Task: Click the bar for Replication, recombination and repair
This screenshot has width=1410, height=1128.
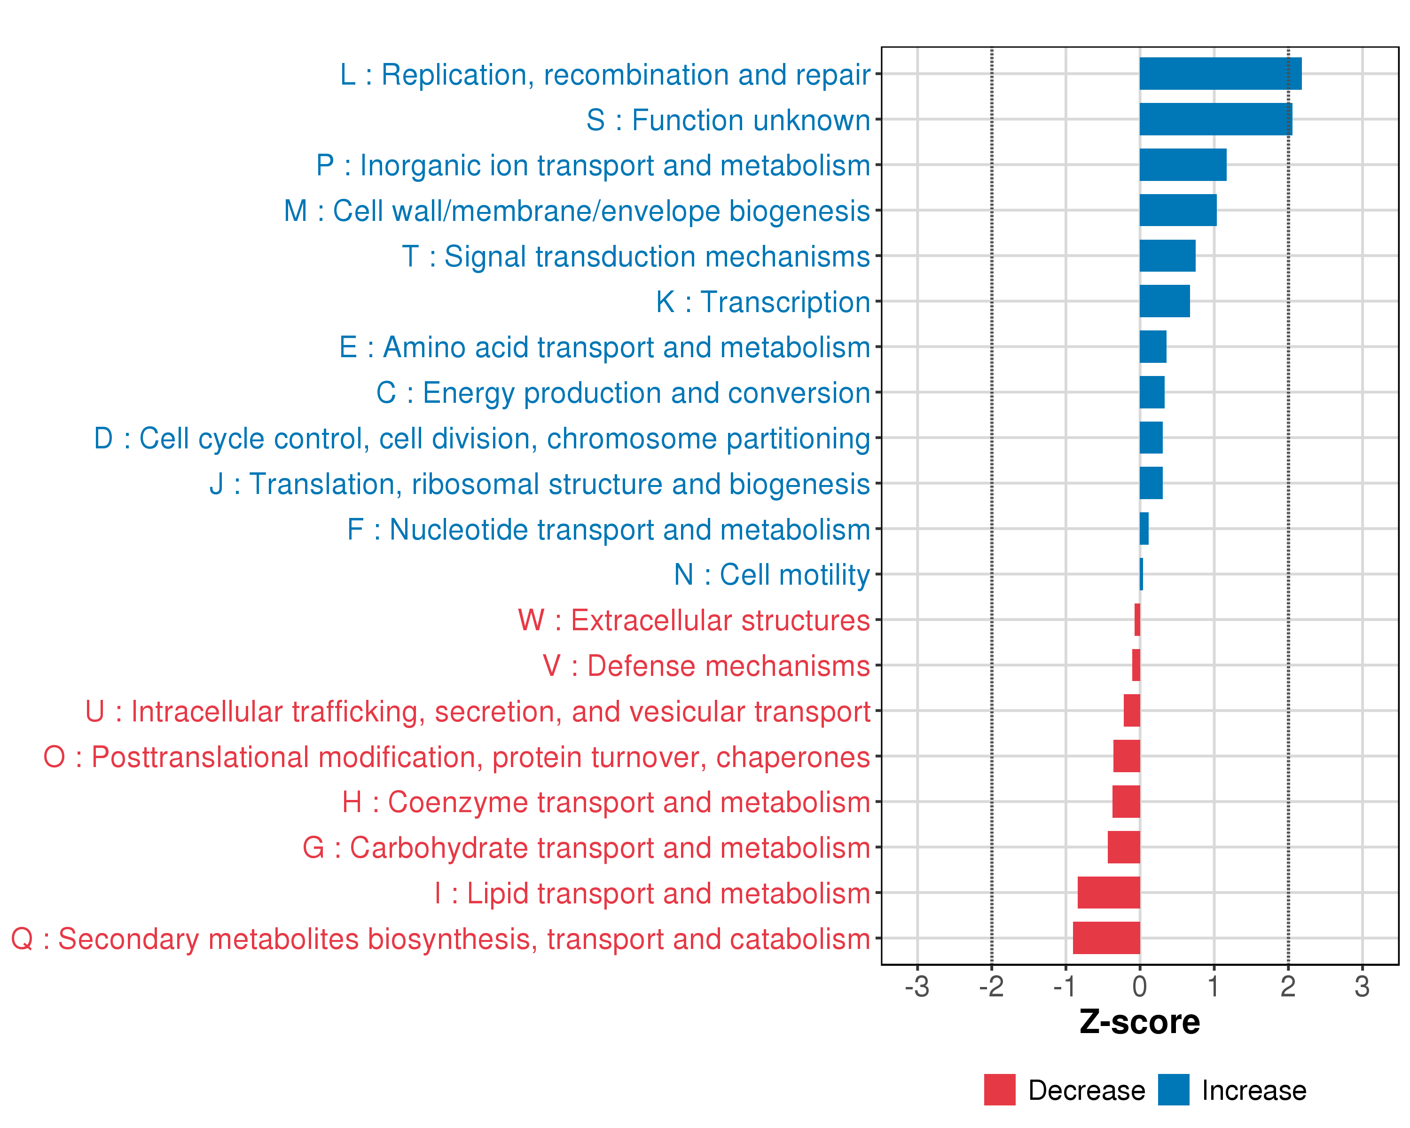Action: (x=1220, y=73)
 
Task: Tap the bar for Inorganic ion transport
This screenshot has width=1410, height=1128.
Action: (x=1183, y=165)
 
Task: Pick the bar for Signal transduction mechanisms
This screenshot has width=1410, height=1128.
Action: (x=1167, y=256)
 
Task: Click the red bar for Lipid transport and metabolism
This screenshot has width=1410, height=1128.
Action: (x=1109, y=893)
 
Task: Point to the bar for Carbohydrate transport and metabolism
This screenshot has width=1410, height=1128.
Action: (x=1124, y=847)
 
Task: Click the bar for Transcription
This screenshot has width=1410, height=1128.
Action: (x=1164, y=301)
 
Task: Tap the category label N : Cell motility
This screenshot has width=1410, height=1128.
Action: (x=772, y=575)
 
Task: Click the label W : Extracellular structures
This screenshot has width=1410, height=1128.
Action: (x=693, y=620)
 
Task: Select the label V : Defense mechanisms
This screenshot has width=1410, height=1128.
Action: (x=706, y=666)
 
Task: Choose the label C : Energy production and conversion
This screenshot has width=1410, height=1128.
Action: (x=623, y=393)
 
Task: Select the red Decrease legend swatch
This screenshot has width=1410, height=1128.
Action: (x=999, y=1089)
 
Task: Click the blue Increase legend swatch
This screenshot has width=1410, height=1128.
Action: (x=1173, y=1089)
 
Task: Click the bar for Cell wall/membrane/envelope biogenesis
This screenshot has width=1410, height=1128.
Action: (x=1178, y=210)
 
